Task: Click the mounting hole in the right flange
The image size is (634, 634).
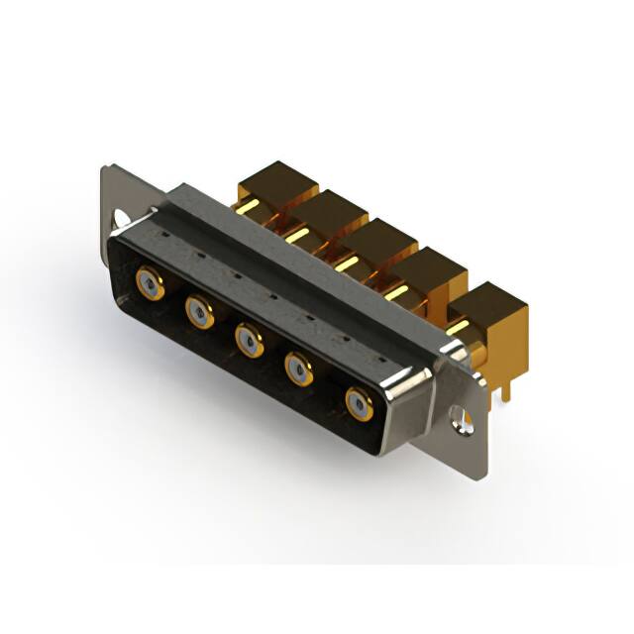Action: pos(462,413)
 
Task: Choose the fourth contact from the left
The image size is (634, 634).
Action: pos(299,370)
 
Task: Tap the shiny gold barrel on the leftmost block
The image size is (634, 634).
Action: pos(254,210)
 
